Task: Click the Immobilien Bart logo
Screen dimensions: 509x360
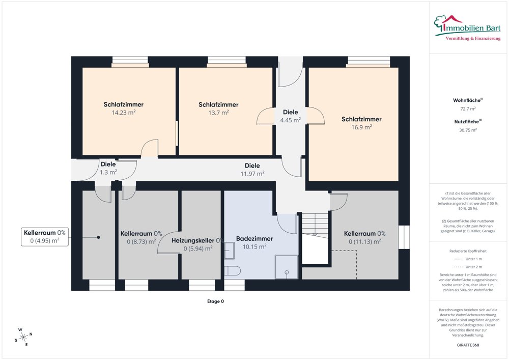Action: point(467,28)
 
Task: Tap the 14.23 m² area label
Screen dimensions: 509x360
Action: point(124,113)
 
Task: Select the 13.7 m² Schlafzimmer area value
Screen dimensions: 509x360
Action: point(218,113)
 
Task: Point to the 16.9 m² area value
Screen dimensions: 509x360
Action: point(361,127)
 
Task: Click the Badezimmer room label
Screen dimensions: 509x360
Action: point(254,239)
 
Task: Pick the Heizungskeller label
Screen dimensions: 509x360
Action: point(193,240)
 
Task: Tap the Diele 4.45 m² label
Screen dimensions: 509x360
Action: point(291,116)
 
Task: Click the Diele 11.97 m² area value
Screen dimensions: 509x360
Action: point(252,174)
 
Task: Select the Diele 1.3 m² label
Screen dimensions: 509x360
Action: point(108,168)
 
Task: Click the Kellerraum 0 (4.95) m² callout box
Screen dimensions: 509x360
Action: point(45,237)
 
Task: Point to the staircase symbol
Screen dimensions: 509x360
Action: point(315,238)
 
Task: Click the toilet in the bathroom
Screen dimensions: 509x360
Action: point(233,270)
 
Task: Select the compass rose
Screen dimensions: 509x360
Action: point(23,338)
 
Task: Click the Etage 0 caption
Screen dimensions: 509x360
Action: point(215,301)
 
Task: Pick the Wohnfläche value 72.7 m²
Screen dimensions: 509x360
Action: point(468,109)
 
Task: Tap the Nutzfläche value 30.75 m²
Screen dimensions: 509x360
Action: point(468,130)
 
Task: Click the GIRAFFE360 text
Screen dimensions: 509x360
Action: point(468,345)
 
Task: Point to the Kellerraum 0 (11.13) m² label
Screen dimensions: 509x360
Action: point(364,238)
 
